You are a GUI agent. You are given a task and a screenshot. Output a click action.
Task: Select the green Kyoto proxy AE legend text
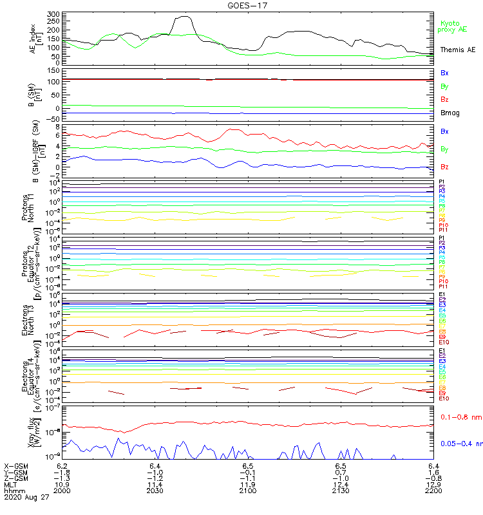[x=452, y=26]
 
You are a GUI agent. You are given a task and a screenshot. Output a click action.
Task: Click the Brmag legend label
[x=449, y=113]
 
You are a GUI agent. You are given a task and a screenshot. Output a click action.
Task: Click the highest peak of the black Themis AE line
[x=185, y=17]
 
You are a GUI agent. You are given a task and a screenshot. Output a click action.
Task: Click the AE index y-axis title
[x=36, y=38]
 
